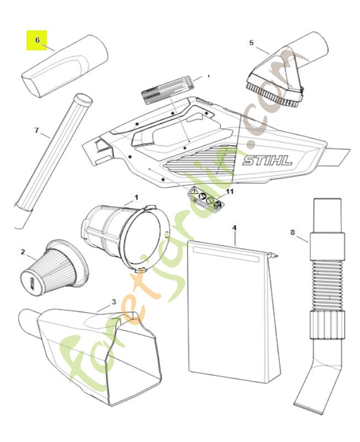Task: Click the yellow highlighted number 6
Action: click(x=37, y=40)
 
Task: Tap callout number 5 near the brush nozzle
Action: click(x=252, y=43)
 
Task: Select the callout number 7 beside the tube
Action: click(x=37, y=130)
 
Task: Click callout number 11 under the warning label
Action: click(x=230, y=191)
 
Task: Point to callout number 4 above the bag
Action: click(x=234, y=227)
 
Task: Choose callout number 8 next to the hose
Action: click(x=293, y=233)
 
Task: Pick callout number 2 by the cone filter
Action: click(x=23, y=252)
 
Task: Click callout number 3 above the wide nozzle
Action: click(x=114, y=302)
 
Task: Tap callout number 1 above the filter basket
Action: click(x=136, y=197)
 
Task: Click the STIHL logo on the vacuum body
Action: click(x=267, y=161)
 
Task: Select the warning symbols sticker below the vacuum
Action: click(x=207, y=198)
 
